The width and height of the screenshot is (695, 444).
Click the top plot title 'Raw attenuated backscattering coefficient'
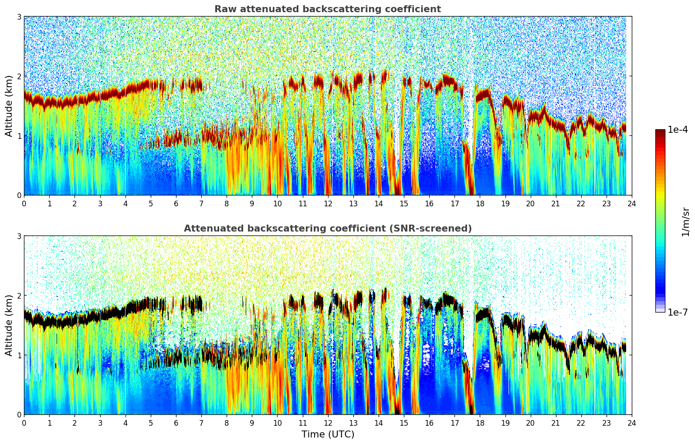click(x=327, y=9)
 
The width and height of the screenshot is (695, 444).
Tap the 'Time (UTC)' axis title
click(x=328, y=434)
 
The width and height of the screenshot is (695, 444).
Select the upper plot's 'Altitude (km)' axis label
click(x=9, y=106)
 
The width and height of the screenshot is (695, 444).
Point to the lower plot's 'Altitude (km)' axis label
click(x=9, y=325)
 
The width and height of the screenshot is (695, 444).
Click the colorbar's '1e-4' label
click(x=678, y=130)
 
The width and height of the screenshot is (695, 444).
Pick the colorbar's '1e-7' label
click(x=678, y=312)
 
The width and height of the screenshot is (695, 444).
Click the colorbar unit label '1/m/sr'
click(x=685, y=222)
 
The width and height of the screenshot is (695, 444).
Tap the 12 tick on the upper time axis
click(x=328, y=203)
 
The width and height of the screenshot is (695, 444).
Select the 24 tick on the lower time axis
click(x=631, y=423)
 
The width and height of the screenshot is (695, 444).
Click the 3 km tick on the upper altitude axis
click(x=19, y=17)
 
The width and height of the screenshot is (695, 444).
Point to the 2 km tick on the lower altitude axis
click(x=19, y=296)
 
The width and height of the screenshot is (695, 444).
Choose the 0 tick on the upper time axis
click(x=24, y=203)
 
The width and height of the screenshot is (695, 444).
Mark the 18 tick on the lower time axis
click(x=480, y=423)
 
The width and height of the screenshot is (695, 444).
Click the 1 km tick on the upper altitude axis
click(x=19, y=136)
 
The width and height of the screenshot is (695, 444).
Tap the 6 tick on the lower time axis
click(x=176, y=423)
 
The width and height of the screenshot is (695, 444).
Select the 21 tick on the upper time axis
click(x=556, y=203)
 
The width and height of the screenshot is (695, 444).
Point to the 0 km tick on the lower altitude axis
click(x=19, y=414)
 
